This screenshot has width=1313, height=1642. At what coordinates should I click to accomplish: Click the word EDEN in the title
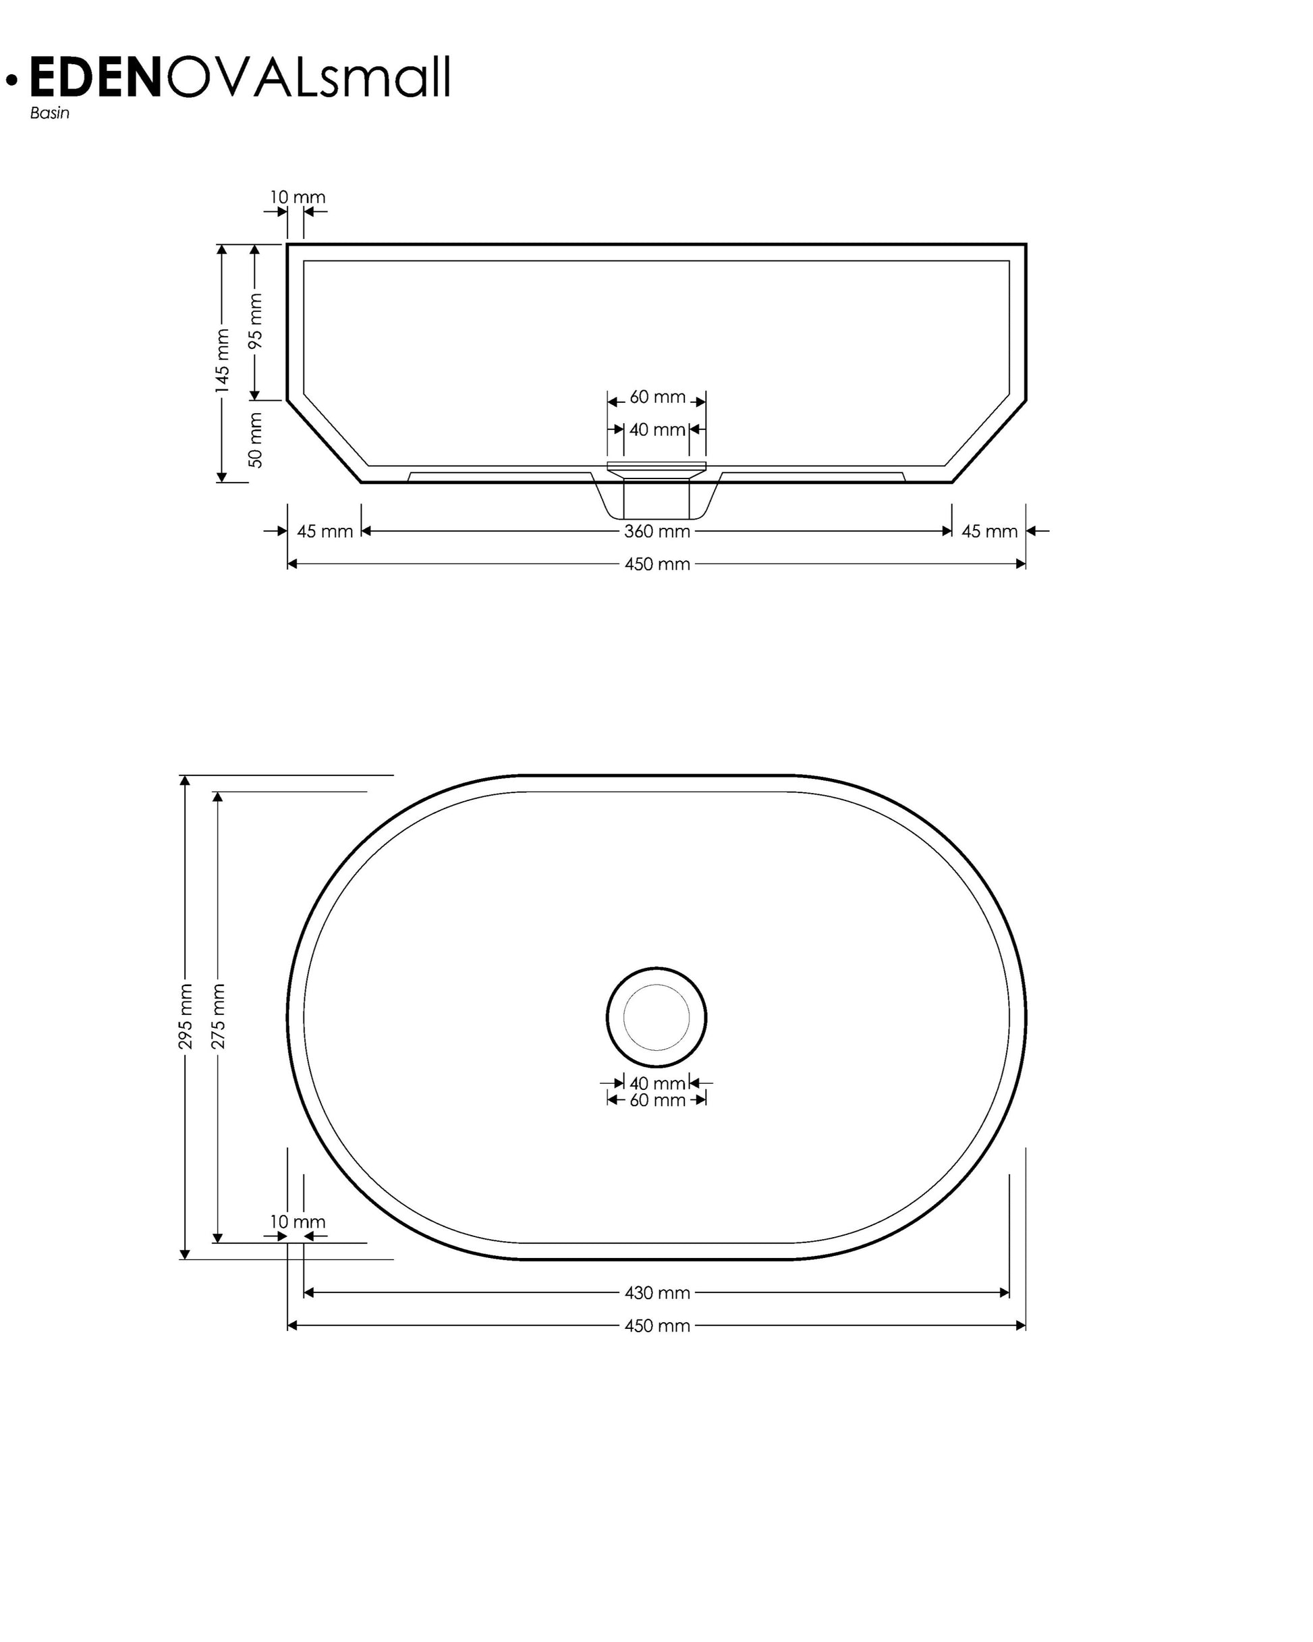95,78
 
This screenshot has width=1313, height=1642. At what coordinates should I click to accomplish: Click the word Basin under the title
49,113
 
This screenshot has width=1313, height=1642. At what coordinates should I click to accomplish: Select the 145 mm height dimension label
221,361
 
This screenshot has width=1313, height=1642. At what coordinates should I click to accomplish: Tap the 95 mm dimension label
255,321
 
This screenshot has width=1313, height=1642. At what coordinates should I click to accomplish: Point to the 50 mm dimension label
255,439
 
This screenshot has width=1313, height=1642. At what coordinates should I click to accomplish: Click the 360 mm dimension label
656,532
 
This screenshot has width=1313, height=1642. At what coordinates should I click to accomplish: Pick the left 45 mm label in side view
325,532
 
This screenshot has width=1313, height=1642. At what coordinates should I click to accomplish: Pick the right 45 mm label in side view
988,532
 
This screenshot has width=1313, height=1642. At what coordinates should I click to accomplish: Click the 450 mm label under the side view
656,564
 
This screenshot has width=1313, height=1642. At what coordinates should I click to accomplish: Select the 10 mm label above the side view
297,197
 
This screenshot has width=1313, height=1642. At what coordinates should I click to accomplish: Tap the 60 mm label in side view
656,397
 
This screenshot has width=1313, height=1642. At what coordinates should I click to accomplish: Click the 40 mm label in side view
656,429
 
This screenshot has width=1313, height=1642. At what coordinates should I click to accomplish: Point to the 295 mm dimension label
185,1016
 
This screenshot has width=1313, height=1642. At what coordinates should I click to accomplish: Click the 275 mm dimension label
218,1016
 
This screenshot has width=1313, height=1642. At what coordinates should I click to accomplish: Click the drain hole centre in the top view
656,1018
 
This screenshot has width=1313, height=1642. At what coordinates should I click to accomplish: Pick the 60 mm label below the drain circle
656,1101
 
